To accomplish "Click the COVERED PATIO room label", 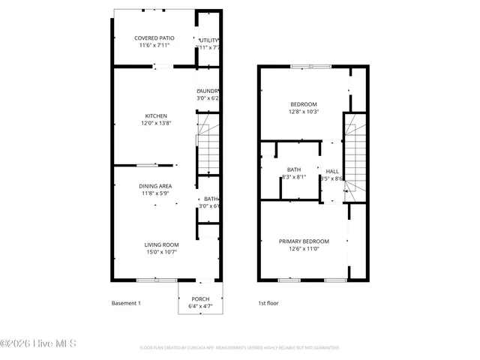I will click(x=154, y=38).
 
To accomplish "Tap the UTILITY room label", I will click(x=209, y=40).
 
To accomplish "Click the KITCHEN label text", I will click(x=156, y=115).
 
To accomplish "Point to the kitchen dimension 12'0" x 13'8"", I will click(x=156, y=123).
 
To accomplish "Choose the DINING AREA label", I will click(x=155, y=185).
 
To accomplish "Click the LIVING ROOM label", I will click(x=161, y=244).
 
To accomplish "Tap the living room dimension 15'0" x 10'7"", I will click(x=161, y=252).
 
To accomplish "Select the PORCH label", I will click(x=200, y=298).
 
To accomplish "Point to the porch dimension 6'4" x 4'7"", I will click(x=200, y=306).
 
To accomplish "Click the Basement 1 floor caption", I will click(x=126, y=303).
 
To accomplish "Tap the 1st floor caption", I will click(x=268, y=303).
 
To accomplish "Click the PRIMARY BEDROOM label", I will click(x=304, y=241).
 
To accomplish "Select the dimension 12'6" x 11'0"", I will click(x=304, y=249).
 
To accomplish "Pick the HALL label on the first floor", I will click(x=331, y=171).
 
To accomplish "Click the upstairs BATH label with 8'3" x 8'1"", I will click(x=294, y=169).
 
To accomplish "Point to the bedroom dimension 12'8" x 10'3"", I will click(x=304, y=112).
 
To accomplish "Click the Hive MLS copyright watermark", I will click(x=38, y=345).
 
